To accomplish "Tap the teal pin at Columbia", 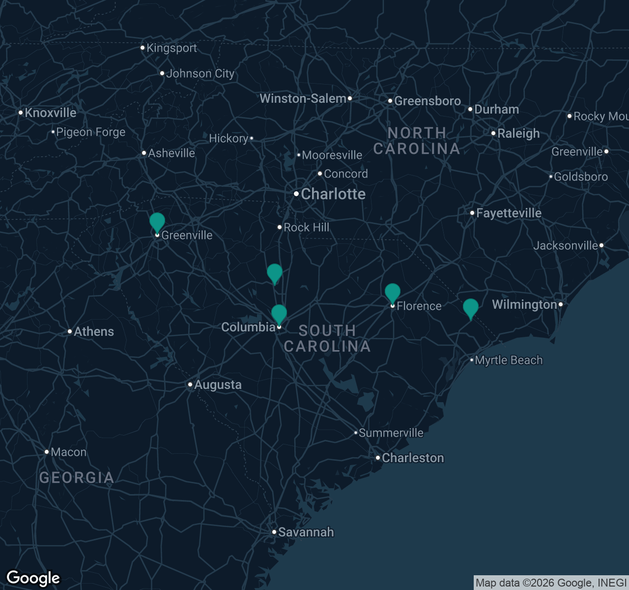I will [279, 314].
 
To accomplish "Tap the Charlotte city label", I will [333, 194].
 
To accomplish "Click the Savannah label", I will [306, 532].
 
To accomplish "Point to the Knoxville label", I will [50, 113].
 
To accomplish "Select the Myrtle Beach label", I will [508, 360].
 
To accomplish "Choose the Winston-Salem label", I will [303, 98].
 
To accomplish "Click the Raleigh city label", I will [518, 133].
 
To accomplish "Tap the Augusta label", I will [218, 384].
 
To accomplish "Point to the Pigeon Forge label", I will [90, 132].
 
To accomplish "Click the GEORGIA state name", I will [77, 477].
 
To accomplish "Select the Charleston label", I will [413, 458].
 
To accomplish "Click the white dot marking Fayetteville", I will [472, 213].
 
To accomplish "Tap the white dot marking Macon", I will [47, 452].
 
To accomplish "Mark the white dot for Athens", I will [70, 331].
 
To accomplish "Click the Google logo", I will [33, 578].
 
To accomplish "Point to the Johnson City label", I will [200, 74].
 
